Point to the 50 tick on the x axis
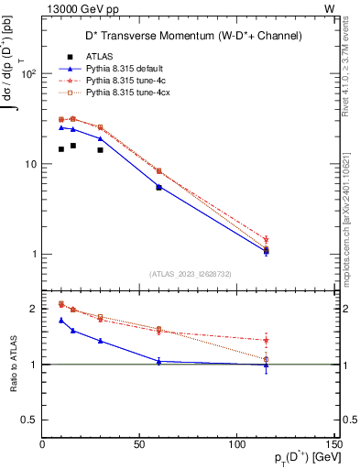pos(139,443)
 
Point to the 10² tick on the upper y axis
pos(27,74)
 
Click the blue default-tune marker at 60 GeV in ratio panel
pos(158,361)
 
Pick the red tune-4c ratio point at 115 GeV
pos(266,340)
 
